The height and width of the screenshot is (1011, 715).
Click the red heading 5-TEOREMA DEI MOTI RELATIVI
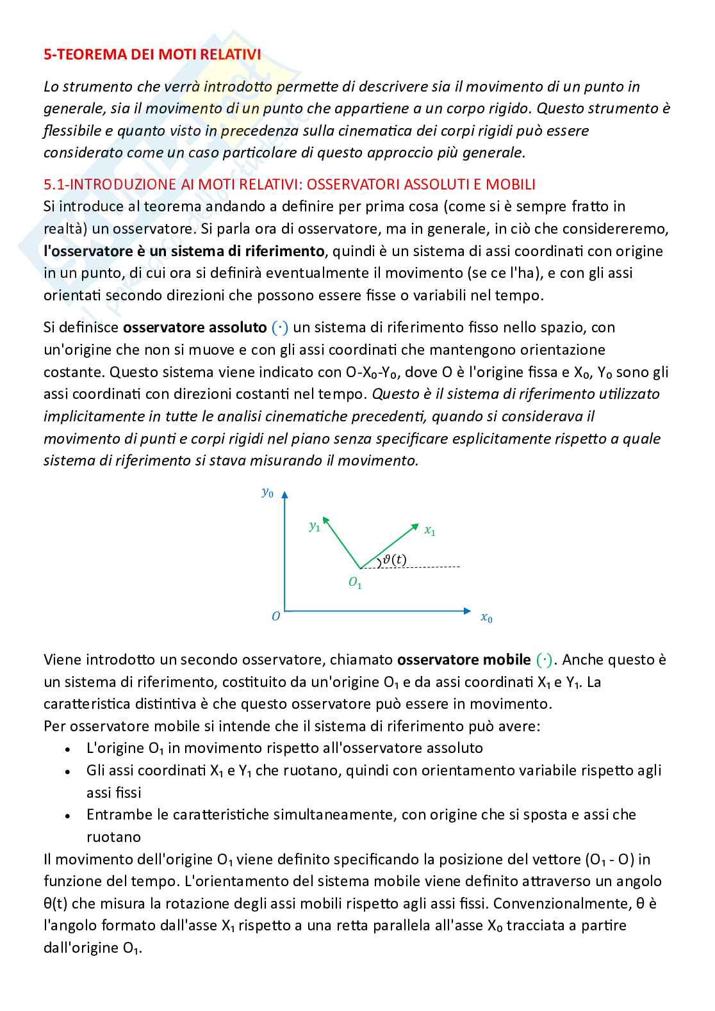152,55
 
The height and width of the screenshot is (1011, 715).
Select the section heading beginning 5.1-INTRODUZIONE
289,184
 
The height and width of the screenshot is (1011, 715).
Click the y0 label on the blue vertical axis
267,492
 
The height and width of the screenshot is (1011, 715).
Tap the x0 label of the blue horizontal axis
486,618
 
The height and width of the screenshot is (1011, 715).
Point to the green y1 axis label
314,526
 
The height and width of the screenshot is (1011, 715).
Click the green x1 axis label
430,530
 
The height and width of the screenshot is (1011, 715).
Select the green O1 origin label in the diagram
355,583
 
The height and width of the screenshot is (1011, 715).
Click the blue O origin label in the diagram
275,617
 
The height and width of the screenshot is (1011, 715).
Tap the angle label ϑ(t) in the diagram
394,559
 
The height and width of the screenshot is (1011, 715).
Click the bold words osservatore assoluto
194,328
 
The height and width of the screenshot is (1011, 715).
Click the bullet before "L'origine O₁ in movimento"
68,749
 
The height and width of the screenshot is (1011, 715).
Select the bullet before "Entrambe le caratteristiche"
68,816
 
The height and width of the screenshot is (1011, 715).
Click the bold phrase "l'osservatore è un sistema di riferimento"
184,251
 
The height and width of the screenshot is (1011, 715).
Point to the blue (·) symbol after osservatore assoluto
280,328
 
